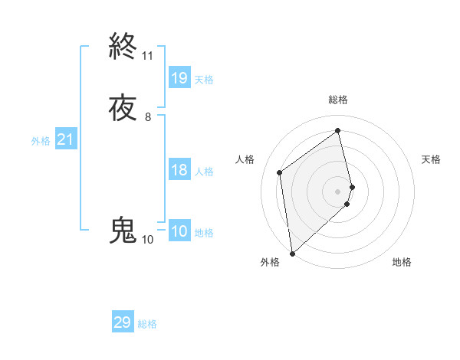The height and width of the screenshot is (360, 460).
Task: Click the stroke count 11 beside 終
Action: point(148,56)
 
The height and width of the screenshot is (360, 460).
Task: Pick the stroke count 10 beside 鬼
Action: point(148,240)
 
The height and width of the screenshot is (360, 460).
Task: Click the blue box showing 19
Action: point(179,77)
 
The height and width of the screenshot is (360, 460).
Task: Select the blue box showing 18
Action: point(179,170)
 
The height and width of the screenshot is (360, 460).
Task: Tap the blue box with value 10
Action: point(179,232)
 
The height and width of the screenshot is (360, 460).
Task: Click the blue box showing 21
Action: point(65,139)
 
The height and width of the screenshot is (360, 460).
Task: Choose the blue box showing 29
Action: point(123,322)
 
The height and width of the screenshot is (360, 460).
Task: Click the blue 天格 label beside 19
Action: point(204,80)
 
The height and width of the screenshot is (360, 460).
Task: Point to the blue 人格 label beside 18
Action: point(204,172)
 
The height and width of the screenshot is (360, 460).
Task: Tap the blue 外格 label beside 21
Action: point(40,141)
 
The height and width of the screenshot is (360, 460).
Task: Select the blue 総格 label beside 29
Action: point(147,325)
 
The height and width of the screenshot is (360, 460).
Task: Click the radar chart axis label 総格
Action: point(338,100)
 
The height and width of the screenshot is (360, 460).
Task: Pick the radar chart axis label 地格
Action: point(402,262)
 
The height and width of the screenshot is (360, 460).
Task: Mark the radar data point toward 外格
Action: point(292,254)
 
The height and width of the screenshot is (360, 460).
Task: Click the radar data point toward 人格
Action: point(280,172)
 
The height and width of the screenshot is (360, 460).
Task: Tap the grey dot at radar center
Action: point(338,191)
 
